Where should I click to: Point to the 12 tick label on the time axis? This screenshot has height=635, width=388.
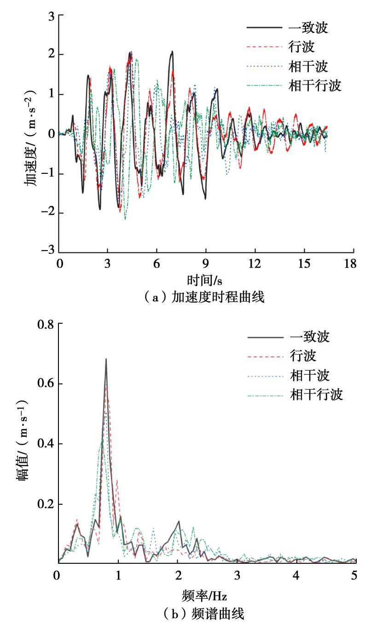coord(255,263)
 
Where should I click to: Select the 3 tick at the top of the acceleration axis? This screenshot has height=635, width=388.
coord(52,16)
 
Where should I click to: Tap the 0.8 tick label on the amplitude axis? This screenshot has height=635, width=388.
coord(47,324)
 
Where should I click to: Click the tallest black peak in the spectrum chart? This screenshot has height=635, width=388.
coord(106,359)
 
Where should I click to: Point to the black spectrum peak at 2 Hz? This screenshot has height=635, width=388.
coord(179,521)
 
